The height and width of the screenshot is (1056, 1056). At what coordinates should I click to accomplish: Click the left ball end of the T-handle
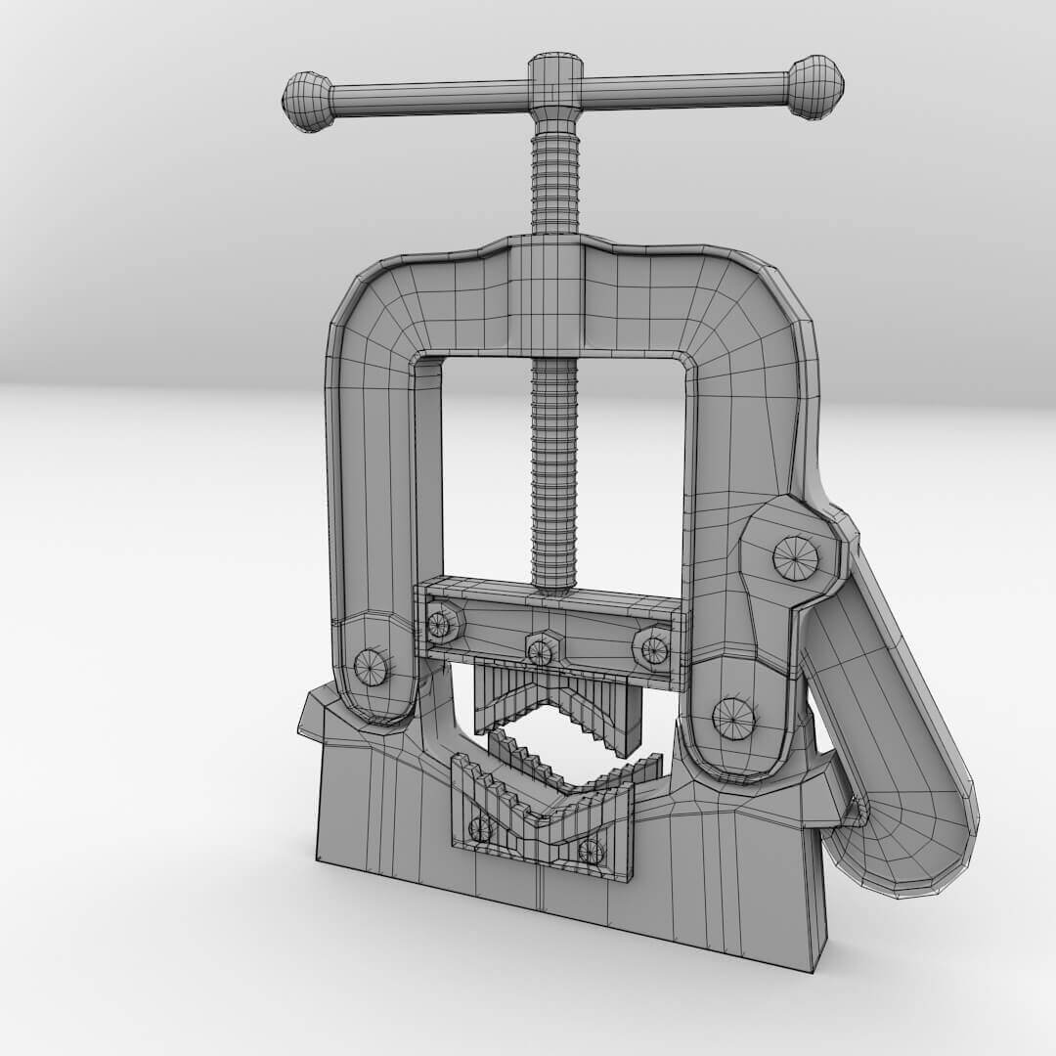click(x=307, y=101)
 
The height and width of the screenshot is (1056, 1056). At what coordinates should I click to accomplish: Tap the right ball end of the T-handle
click(x=815, y=88)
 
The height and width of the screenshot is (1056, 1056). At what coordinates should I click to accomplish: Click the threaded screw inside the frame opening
click(x=555, y=469)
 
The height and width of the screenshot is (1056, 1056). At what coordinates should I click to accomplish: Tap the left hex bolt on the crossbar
click(x=440, y=623)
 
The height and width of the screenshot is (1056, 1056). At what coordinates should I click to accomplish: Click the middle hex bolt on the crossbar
click(x=541, y=648)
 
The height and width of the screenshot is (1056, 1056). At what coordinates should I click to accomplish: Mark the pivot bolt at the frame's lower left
click(x=371, y=667)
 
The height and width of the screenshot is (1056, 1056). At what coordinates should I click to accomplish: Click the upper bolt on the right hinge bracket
click(x=795, y=558)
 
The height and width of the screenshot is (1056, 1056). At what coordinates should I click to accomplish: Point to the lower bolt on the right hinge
click(x=732, y=719)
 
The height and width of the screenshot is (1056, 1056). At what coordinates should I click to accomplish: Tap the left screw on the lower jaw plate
click(x=480, y=829)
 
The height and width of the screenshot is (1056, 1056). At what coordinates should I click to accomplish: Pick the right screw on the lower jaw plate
click(x=591, y=851)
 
